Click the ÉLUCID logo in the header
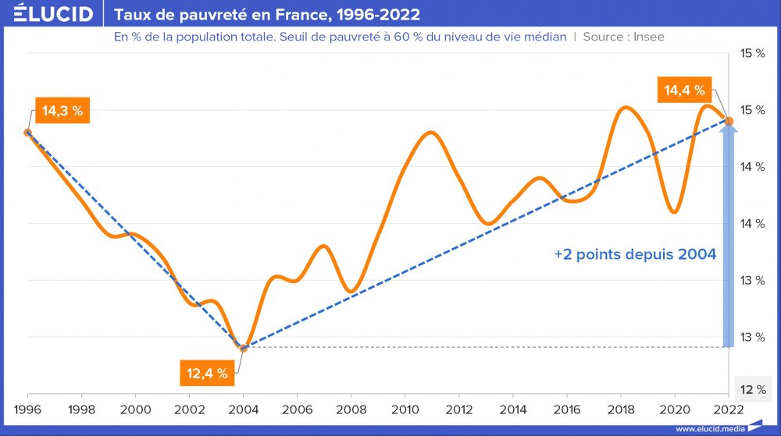49,14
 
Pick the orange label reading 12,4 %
207,373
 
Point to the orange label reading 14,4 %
684,90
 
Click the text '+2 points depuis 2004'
635,254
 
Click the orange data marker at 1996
28,133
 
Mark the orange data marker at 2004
244,348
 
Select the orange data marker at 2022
729,120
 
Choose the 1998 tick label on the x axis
82,409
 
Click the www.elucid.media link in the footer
710,428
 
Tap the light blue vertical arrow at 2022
729,234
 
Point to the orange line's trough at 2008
351,292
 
